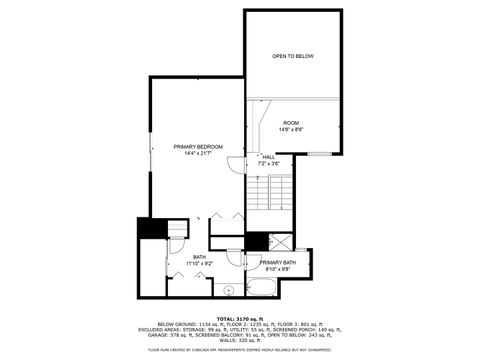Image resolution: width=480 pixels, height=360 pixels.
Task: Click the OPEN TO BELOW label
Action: click(x=292, y=56)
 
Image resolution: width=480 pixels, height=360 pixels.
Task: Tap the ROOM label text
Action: click(x=291, y=122)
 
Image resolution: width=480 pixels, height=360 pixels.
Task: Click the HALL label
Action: click(x=269, y=156)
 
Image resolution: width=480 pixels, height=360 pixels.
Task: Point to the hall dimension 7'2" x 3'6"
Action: click(x=269, y=163)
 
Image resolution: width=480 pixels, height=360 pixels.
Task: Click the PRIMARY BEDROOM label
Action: click(x=196, y=147)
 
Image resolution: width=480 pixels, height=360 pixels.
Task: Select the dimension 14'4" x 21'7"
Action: click(x=196, y=154)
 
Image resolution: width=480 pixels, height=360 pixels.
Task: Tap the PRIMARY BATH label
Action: click(x=277, y=262)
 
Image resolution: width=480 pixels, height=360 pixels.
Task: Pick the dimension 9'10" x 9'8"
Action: click(x=277, y=269)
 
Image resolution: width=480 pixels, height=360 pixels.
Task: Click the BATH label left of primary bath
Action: click(x=200, y=257)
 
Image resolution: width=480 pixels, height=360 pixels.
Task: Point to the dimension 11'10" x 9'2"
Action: click(x=200, y=264)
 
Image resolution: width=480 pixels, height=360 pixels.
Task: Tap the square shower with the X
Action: click(x=281, y=241)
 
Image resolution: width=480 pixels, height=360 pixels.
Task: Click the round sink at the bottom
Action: click(x=227, y=291)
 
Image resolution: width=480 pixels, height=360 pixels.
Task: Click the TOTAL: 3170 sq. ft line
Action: click(x=240, y=316)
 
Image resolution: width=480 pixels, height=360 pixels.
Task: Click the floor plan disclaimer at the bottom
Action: click(x=240, y=350)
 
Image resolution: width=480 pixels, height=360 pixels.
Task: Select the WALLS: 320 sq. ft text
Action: click(x=240, y=341)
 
